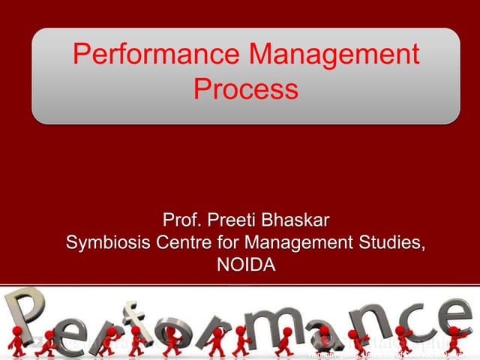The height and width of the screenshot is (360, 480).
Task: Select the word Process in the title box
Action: [x=245, y=90]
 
